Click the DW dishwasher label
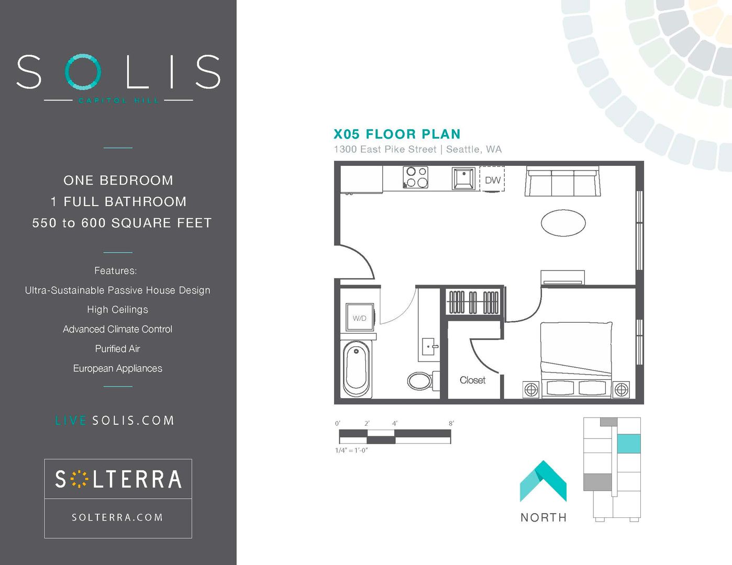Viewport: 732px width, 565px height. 493,180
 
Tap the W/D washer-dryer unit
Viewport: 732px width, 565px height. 359,318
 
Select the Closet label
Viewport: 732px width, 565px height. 472,380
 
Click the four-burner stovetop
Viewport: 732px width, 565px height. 416,177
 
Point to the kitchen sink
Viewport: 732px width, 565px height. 463,179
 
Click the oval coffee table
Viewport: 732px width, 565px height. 563,223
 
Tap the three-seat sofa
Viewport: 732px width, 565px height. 562,180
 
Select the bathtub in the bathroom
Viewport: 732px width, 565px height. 357,369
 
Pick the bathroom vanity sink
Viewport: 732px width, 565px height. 429,347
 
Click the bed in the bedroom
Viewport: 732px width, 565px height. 576,360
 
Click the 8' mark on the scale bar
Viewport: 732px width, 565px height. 451,423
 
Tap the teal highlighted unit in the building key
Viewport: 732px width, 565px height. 628,444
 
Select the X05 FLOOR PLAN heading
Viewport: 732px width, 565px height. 397,134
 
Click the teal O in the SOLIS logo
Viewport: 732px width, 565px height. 83,72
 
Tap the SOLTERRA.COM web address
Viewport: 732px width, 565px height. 117,517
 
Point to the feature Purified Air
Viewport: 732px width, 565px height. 117,348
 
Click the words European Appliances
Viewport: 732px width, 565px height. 118,368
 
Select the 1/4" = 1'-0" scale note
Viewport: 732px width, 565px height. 351,450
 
